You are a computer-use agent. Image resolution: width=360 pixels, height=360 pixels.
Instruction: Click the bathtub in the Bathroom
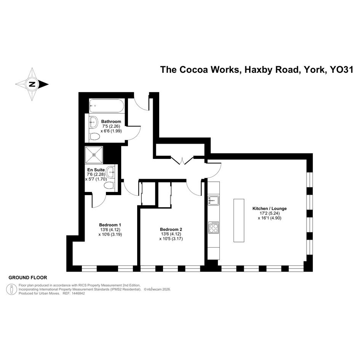107,106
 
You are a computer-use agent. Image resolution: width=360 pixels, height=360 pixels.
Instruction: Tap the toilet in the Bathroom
94,137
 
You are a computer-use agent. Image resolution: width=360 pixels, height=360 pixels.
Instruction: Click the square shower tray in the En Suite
94,155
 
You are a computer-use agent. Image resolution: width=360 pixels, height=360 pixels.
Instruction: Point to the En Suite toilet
109,186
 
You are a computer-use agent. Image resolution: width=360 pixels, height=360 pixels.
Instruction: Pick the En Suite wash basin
111,172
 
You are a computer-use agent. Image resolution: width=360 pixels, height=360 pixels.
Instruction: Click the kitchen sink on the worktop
213,200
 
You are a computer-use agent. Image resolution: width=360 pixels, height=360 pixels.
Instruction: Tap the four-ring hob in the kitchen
213,227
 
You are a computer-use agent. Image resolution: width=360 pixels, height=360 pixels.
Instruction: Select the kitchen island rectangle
239,221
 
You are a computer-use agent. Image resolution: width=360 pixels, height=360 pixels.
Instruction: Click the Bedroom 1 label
110,225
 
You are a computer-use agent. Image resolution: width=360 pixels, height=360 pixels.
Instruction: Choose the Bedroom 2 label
171,229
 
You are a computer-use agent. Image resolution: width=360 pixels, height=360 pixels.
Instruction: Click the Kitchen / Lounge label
270,208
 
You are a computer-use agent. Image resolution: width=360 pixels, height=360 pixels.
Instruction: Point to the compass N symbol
32,84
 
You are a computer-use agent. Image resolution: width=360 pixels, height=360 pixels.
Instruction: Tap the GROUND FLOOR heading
28,278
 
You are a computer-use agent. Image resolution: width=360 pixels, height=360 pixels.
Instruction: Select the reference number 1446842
78,293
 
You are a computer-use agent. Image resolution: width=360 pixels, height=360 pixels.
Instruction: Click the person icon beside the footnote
11,289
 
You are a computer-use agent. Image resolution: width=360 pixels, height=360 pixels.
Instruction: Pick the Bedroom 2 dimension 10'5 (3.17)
171,239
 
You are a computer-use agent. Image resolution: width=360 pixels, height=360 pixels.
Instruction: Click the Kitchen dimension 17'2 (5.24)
270,213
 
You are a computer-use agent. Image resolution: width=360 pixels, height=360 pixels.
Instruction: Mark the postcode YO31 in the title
341,70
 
